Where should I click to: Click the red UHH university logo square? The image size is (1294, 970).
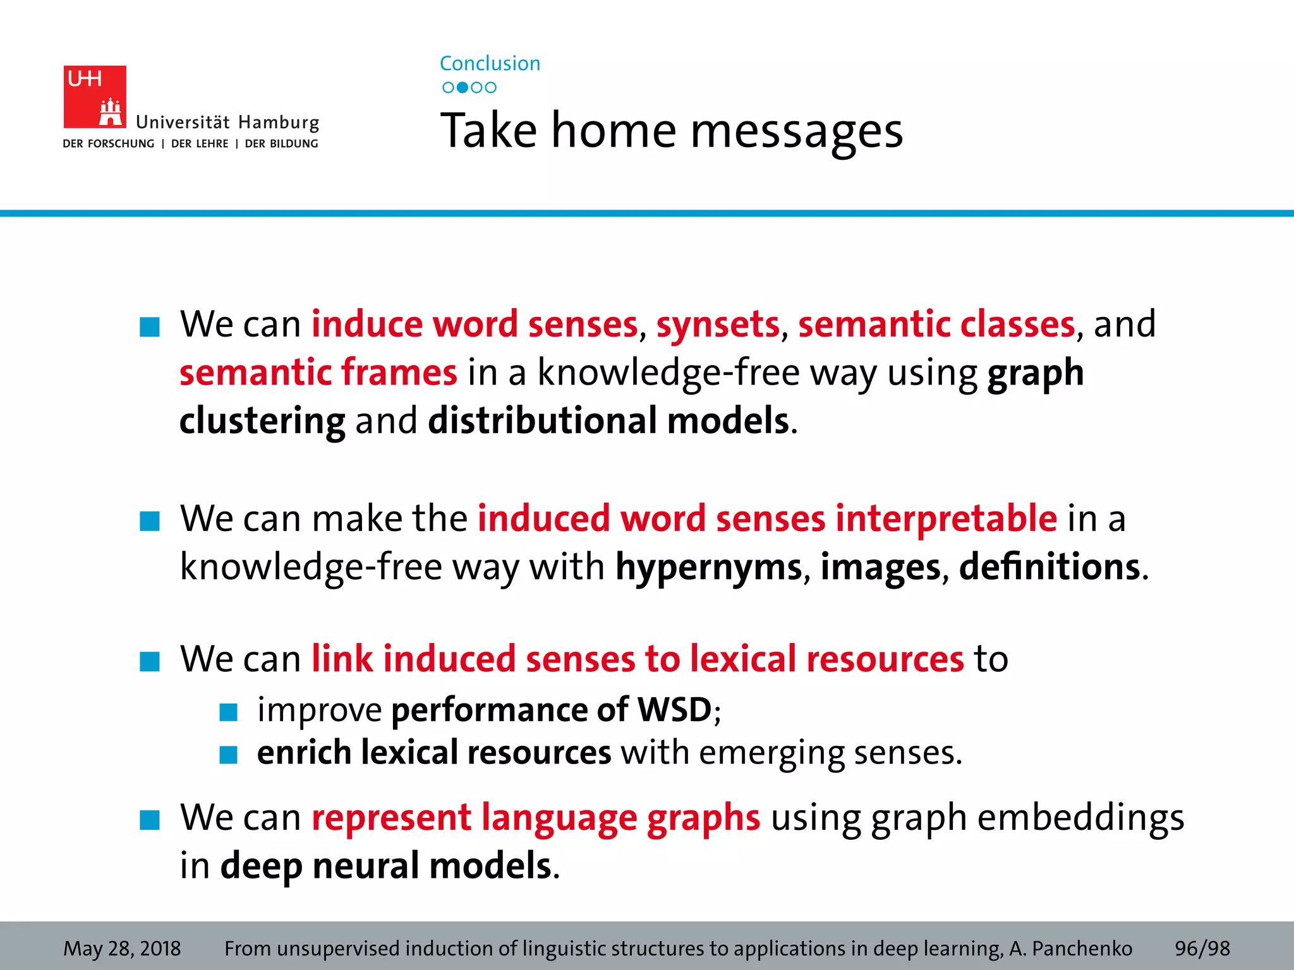click(x=95, y=97)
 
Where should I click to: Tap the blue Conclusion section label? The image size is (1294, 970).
click(x=490, y=63)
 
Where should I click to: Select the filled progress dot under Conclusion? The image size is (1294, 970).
click(x=463, y=87)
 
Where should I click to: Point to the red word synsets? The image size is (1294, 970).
click(x=718, y=325)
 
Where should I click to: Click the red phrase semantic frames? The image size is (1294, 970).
click(x=318, y=373)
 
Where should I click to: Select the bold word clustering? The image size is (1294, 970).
click(x=262, y=421)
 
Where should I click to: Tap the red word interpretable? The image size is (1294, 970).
click(x=946, y=518)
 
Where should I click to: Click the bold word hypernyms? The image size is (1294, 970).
click(x=708, y=567)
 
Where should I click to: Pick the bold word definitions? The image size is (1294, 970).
click(x=1049, y=567)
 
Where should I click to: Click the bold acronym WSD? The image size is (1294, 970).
click(x=675, y=710)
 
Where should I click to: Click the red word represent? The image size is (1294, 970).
click(x=391, y=818)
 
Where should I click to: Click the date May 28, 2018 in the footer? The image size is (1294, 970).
click(x=122, y=949)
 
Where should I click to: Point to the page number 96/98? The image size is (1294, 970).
click(x=1202, y=949)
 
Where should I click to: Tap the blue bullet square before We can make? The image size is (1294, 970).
click(x=150, y=522)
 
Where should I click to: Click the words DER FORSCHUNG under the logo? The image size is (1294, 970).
click(x=109, y=144)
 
